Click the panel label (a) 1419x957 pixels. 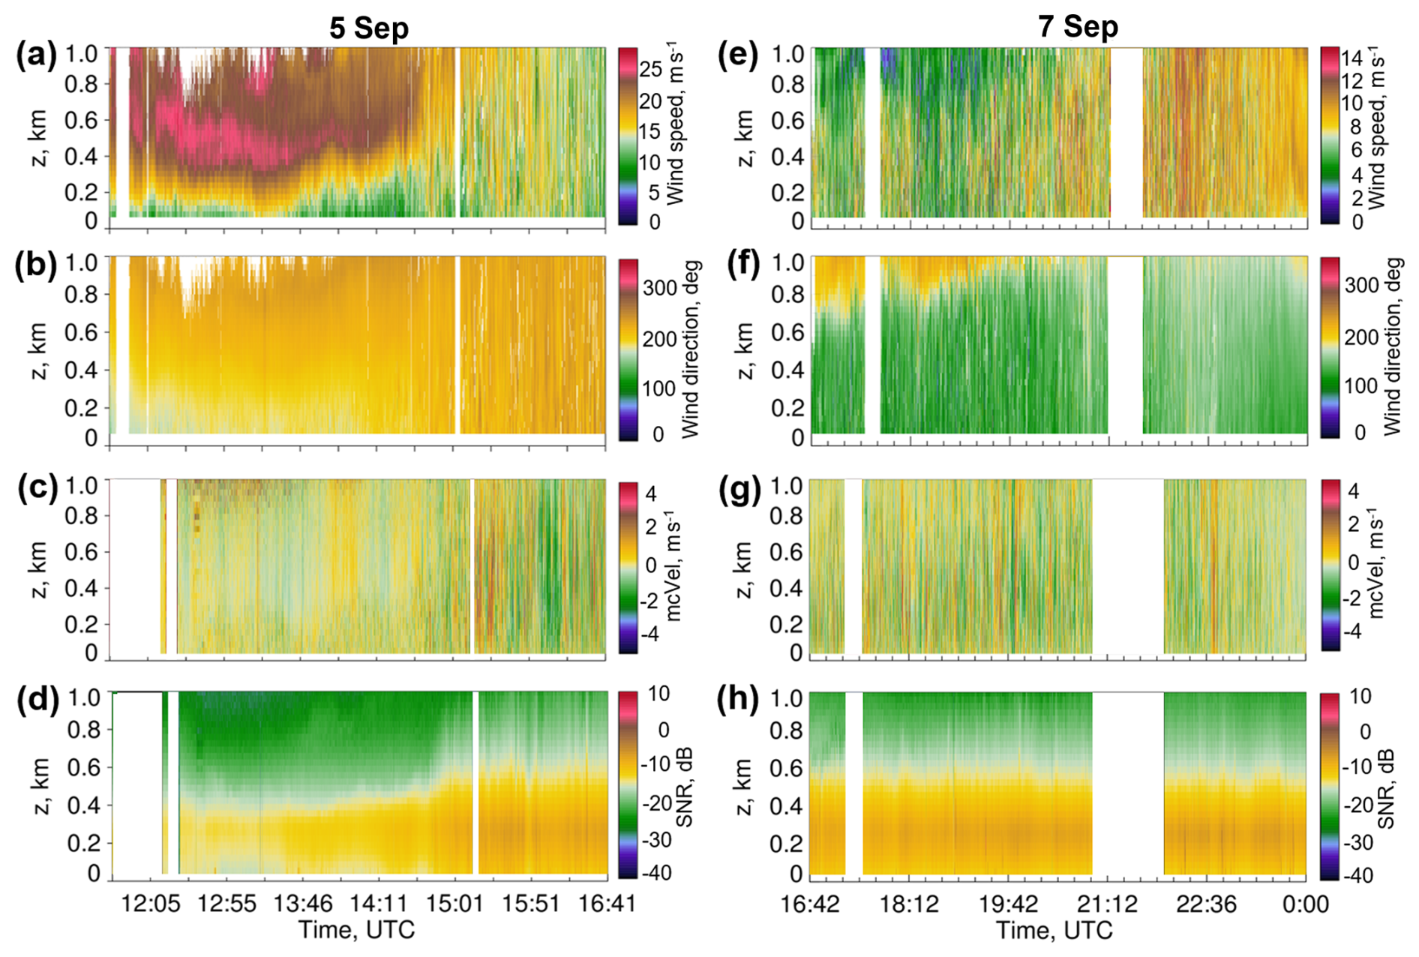[35, 56]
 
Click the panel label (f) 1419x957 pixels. [744, 265]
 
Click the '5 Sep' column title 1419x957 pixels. [369, 28]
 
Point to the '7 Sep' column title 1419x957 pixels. [1078, 26]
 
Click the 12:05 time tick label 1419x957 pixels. [151, 903]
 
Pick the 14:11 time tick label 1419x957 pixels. [379, 903]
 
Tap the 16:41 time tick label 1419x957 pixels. [607, 903]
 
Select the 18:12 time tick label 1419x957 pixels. [909, 904]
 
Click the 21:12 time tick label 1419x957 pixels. [1108, 904]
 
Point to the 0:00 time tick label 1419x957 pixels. [1305, 904]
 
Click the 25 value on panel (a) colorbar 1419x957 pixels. [650, 70]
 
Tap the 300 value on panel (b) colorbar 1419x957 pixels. [659, 288]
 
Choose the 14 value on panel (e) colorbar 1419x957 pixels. [1351, 58]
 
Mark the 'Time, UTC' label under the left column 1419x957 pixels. [356, 930]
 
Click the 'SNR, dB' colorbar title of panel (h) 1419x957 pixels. [1387, 787]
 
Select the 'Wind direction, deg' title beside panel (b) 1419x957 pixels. [691, 349]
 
